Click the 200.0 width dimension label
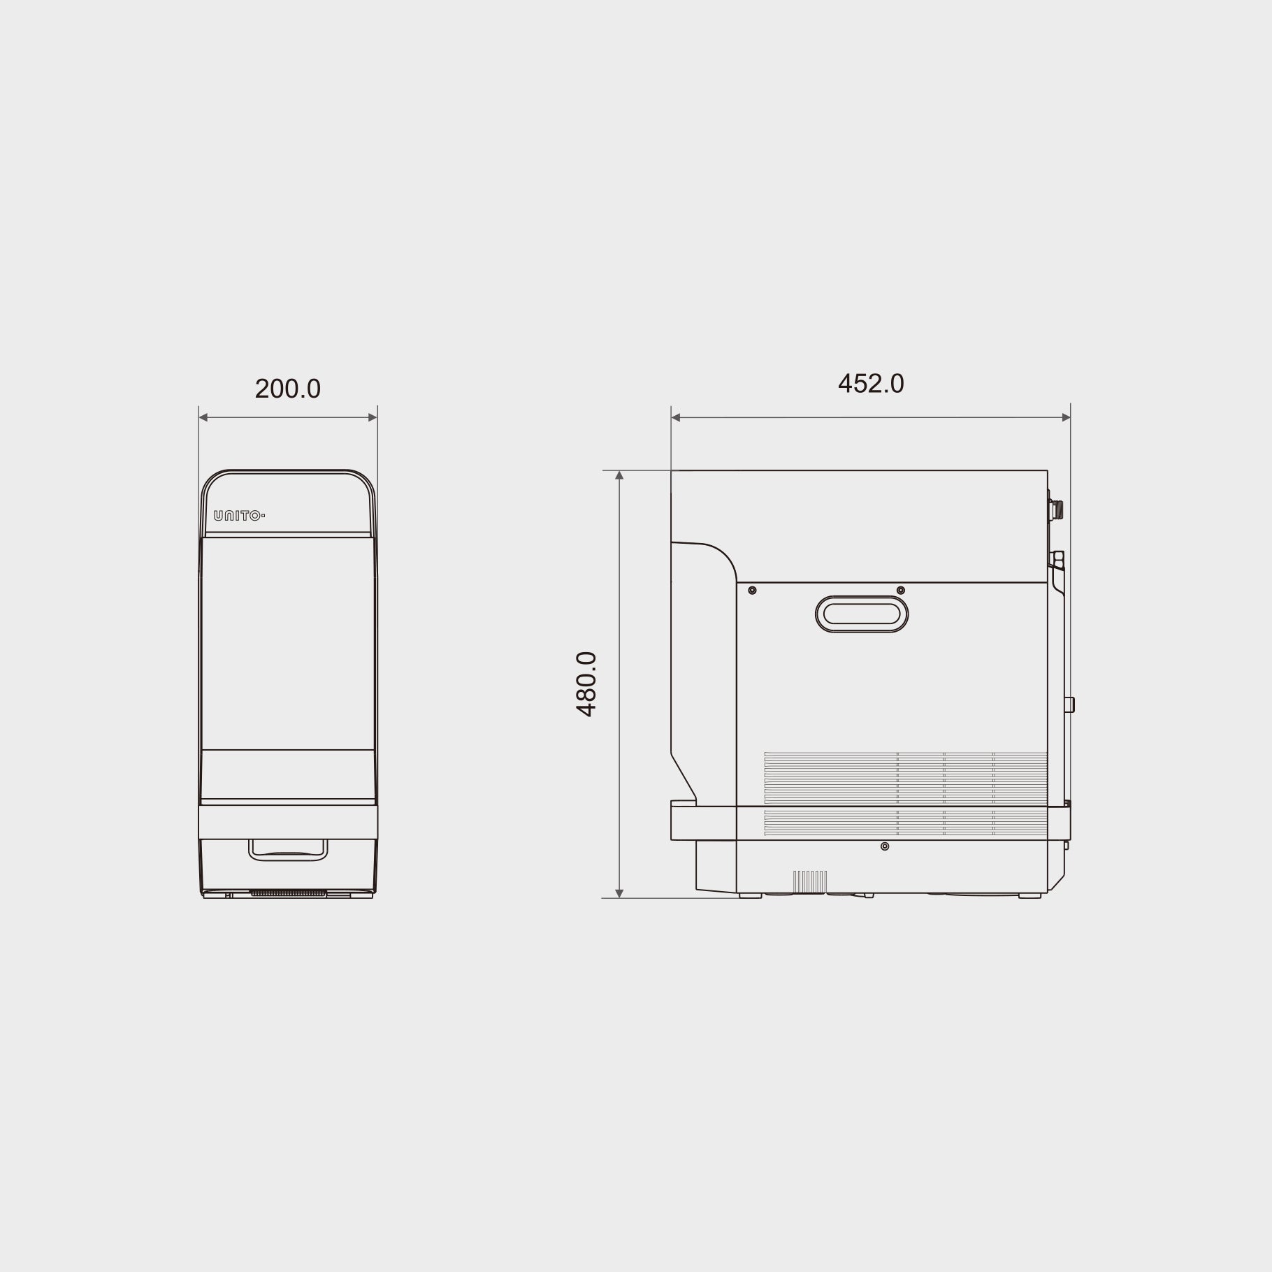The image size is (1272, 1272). coord(287,389)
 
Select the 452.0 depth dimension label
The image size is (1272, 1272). coord(870,384)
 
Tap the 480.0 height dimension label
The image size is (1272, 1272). coord(586,684)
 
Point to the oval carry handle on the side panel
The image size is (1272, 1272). coord(861,614)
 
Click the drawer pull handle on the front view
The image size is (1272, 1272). coord(288,849)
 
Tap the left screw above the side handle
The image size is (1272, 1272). coord(752,591)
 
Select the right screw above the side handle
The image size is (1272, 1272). coord(900,591)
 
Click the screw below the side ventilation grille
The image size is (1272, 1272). coord(885,846)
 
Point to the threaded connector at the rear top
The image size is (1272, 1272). coord(1057,509)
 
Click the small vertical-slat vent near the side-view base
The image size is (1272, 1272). coord(810,881)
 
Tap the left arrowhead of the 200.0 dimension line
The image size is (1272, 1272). coord(203,418)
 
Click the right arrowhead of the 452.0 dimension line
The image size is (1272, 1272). coord(1066,418)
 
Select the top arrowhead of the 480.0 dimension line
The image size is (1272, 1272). coord(619,475)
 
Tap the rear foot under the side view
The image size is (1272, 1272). coord(1029,895)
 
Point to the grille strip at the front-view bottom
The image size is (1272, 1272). coord(288,892)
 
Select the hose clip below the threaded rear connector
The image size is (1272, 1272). coord(1059,560)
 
